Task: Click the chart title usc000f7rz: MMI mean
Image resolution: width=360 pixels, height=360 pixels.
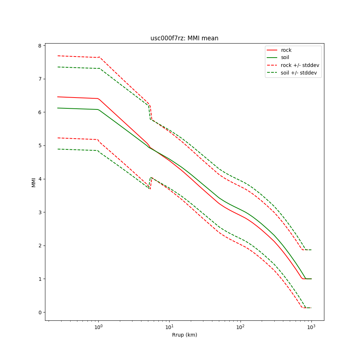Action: tap(184, 38)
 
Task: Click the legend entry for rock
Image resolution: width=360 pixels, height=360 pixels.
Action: tap(286, 50)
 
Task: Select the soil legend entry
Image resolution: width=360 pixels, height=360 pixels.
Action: tap(285, 58)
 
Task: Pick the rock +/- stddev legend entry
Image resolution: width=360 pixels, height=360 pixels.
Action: tap(300, 65)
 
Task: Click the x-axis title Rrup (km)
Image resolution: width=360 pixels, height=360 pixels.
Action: tap(184, 335)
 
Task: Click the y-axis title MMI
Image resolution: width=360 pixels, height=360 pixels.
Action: tap(33, 182)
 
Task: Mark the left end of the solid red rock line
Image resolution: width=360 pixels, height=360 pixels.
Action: tap(58, 97)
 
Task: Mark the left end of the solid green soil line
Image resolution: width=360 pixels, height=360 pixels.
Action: tap(58, 108)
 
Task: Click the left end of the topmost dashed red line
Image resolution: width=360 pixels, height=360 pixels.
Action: tap(58, 56)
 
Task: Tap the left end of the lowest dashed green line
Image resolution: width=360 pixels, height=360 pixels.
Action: tap(58, 149)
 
